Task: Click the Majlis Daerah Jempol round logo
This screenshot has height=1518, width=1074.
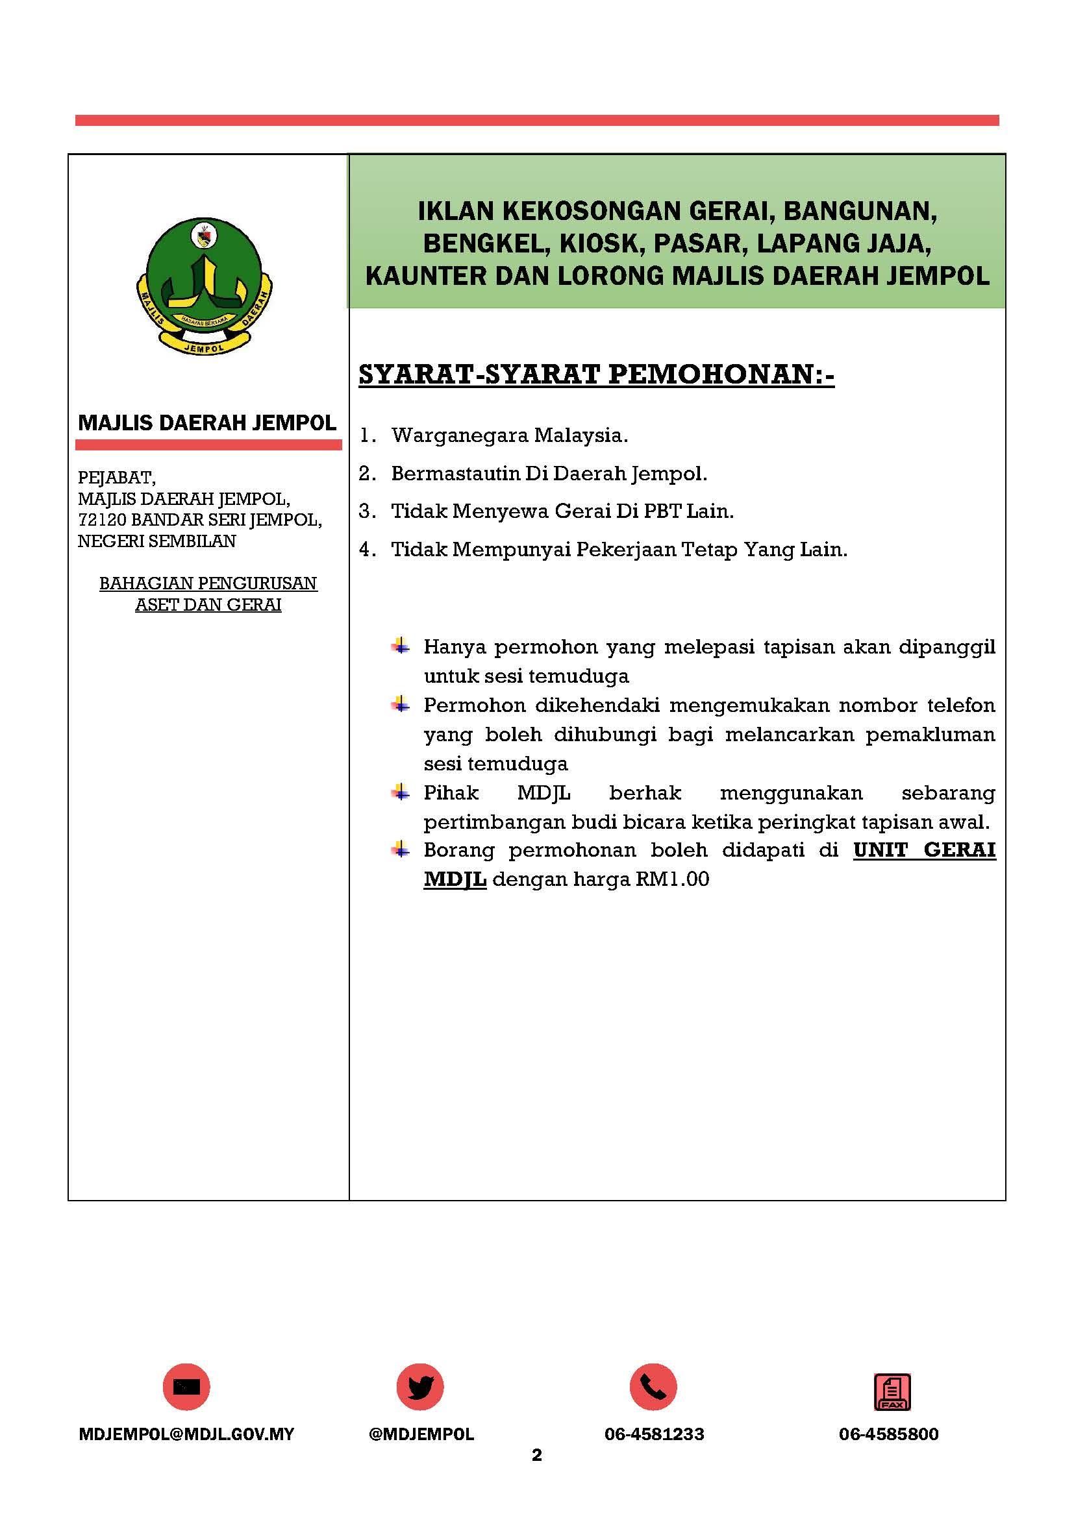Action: click(x=205, y=285)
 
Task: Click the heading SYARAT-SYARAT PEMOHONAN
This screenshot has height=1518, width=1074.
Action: click(x=596, y=375)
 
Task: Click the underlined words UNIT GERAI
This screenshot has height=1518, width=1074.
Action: click(x=924, y=850)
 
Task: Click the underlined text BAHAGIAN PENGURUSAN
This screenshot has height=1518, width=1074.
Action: click(x=208, y=583)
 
